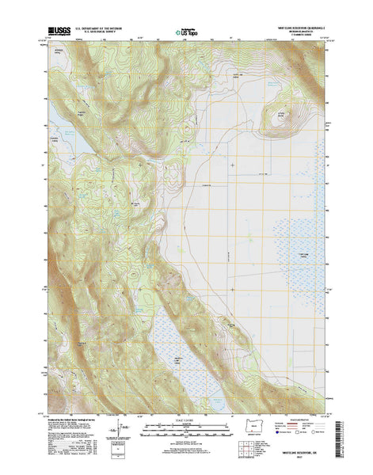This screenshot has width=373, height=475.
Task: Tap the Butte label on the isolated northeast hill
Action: pyautogui.click(x=280, y=115)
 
